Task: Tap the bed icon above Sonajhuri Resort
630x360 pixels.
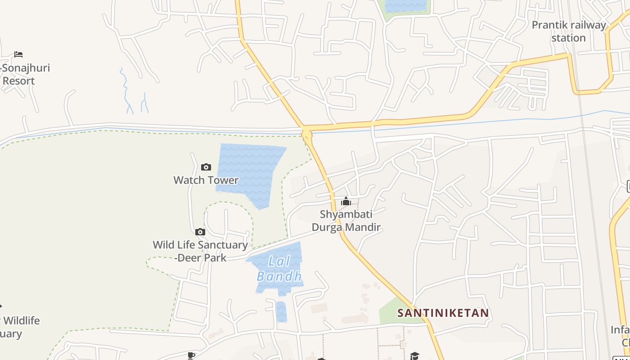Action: click(18, 54)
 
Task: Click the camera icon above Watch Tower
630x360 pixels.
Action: click(206, 167)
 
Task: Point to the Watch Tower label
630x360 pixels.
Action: click(206, 180)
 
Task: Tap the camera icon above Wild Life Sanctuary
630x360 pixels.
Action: click(200, 232)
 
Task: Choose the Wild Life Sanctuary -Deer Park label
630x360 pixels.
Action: click(200, 251)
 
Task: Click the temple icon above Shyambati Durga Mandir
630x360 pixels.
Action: click(346, 201)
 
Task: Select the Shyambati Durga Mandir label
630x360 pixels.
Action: click(346, 220)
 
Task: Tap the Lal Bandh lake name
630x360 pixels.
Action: click(279, 269)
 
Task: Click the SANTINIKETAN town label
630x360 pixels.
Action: click(443, 313)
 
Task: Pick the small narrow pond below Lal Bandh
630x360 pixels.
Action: click(281, 312)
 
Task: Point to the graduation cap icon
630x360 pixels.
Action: click(414, 356)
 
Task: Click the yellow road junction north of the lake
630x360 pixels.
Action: click(307, 132)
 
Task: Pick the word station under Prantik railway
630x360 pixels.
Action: click(568, 38)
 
